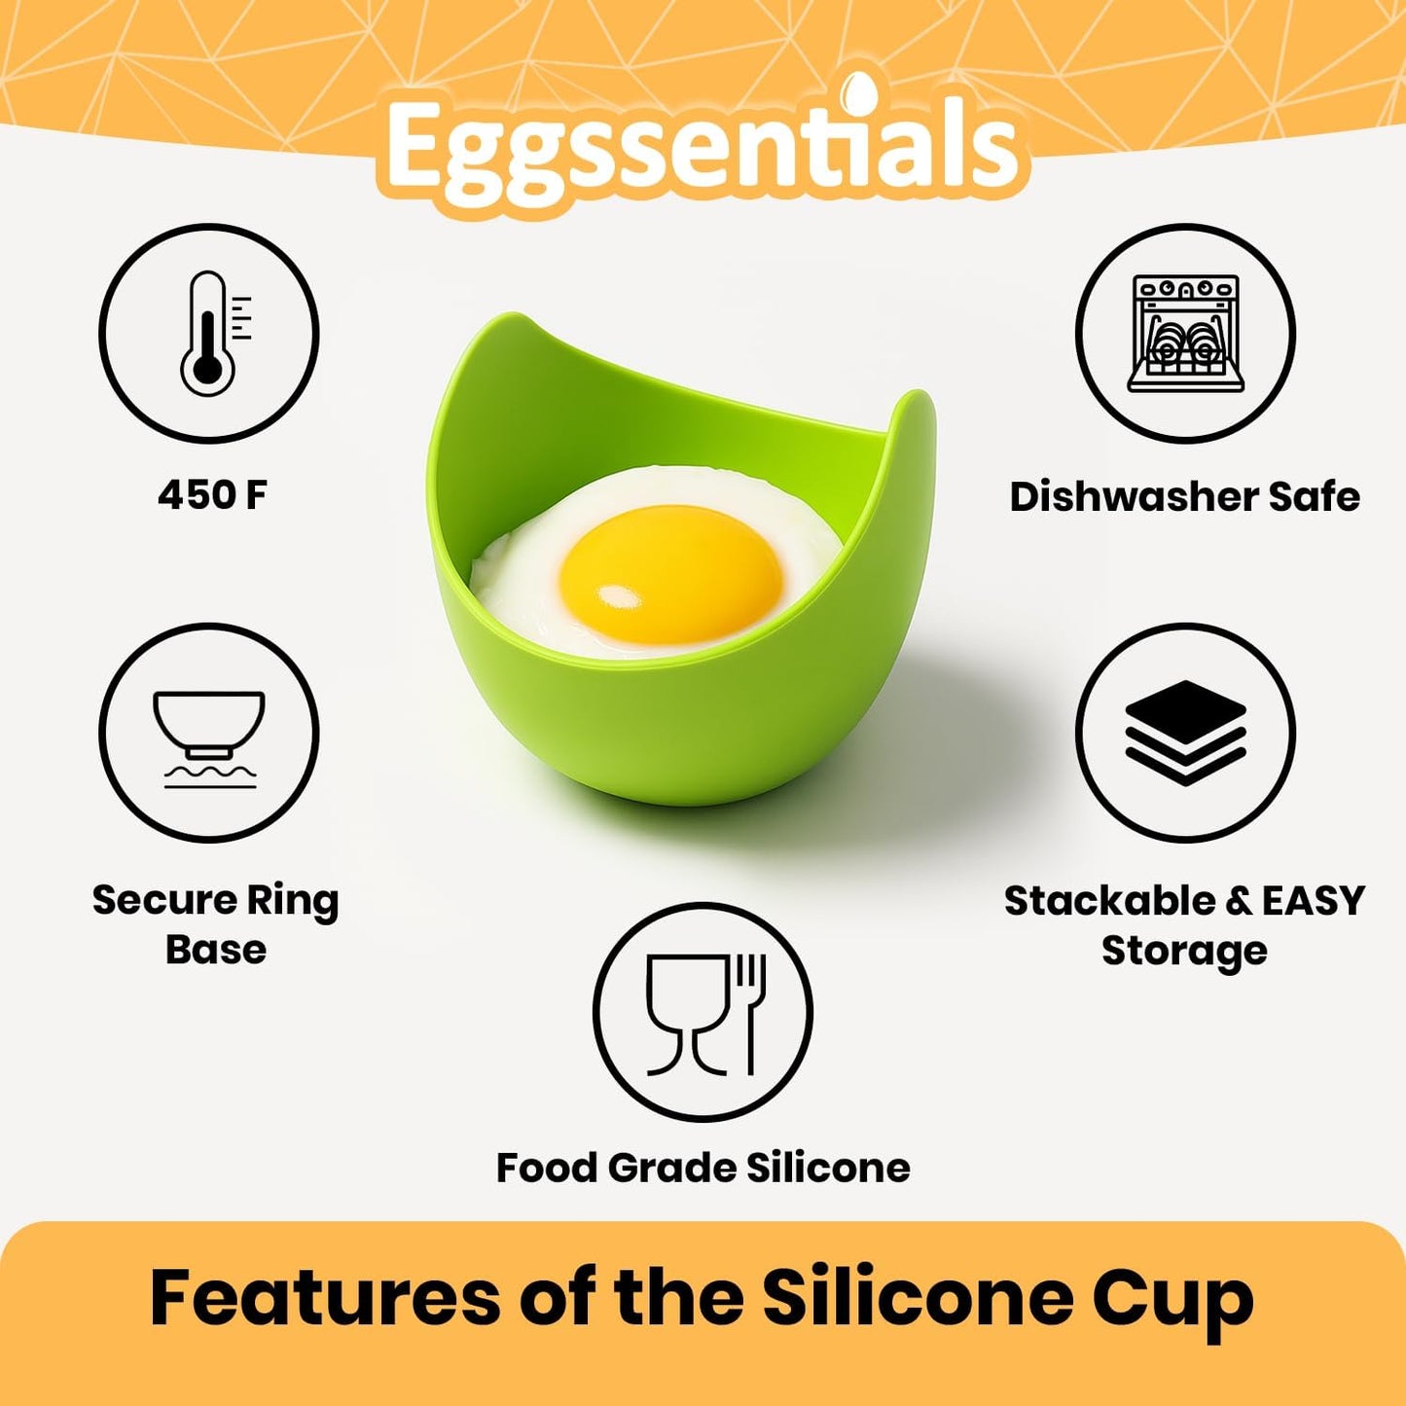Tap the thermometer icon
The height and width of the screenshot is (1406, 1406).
click(x=208, y=334)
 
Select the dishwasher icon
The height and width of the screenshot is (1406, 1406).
click(x=1185, y=334)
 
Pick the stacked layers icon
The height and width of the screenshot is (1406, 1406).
click(x=1185, y=732)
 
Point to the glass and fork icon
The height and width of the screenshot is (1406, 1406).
click(x=703, y=1012)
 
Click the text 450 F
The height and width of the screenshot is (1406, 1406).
click(x=212, y=495)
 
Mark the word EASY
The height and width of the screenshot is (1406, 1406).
click(x=1314, y=901)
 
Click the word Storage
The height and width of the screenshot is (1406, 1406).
click(x=1184, y=951)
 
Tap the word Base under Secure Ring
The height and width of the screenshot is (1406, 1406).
click(x=216, y=950)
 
